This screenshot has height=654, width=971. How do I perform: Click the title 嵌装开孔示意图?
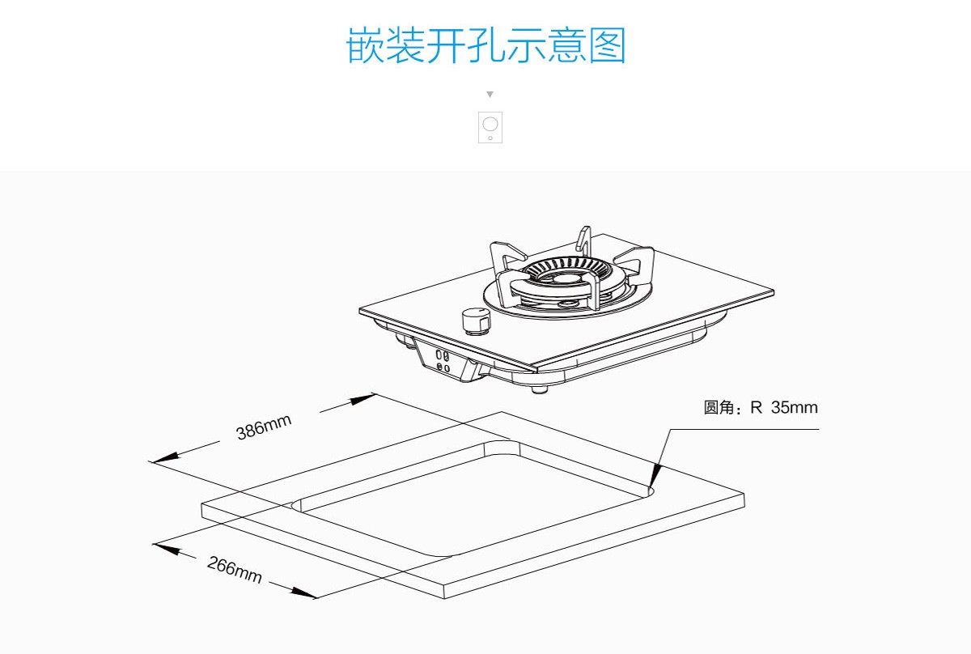(486, 45)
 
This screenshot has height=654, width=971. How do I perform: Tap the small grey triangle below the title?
(490, 95)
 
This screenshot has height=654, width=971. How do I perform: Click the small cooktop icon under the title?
(490, 127)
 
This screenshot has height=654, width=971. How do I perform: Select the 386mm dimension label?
(264, 427)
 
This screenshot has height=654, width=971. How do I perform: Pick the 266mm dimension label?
(235, 570)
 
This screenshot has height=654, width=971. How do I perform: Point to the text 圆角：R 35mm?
(761, 407)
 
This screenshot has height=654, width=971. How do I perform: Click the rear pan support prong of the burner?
(583, 241)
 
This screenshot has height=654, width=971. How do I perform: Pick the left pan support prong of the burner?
(503, 257)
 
